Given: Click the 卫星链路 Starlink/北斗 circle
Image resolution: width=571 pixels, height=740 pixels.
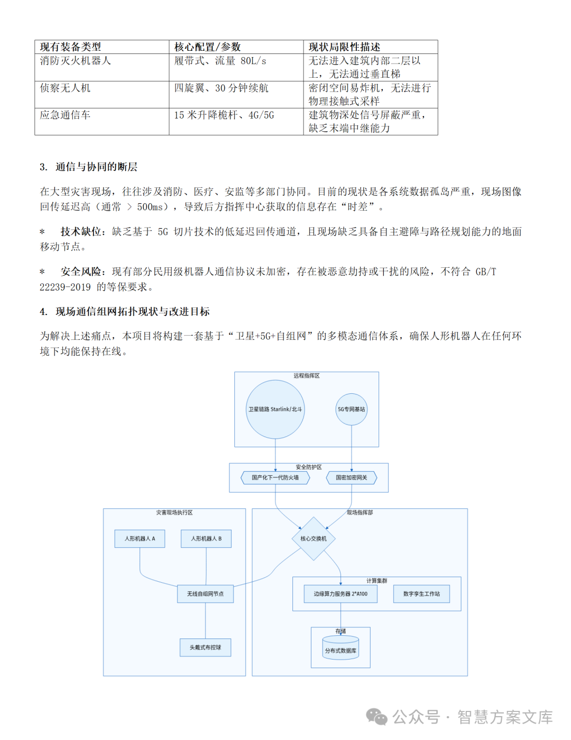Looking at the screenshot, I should click(x=275, y=409).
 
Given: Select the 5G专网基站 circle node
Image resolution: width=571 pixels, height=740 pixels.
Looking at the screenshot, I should click(x=352, y=409).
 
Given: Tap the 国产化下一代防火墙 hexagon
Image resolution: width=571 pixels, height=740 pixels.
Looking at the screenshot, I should click(x=275, y=477).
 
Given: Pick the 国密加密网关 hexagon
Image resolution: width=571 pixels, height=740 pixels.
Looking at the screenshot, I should click(x=351, y=477).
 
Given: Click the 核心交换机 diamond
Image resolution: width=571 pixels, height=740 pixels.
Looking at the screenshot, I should click(x=314, y=538).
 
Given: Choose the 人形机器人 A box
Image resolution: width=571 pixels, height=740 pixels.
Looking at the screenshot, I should click(x=140, y=538).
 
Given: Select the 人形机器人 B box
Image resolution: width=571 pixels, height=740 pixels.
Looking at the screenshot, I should click(x=206, y=538).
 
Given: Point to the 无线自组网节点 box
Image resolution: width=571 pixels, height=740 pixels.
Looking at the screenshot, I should click(x=205, y=594).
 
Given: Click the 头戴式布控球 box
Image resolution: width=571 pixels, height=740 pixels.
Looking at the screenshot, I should click(x=205, y=647).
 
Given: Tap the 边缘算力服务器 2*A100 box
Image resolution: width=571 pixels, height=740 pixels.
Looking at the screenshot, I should click(x=340, y=594).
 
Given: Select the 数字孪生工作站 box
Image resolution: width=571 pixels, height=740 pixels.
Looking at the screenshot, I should click(x=421, y=594).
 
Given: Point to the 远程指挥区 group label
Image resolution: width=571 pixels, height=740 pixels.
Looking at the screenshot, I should click(x=307, y=376).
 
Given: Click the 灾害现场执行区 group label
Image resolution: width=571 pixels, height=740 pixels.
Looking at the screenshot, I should click(x=174, y=512).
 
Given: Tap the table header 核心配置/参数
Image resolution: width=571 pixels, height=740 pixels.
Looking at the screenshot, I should click(x=207, y=47).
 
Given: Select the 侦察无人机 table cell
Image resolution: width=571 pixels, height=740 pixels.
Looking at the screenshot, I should click(x=65, y=88).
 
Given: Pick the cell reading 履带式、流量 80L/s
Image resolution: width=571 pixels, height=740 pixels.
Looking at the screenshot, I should click(x=220, y=61).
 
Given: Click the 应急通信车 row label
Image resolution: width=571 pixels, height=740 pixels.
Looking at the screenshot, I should click(x=65, y=115).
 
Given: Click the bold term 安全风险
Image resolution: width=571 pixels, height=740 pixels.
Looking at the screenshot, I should click(x=81, y=272).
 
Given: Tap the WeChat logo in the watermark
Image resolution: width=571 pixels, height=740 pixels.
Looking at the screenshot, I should click(x=376, y=717).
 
